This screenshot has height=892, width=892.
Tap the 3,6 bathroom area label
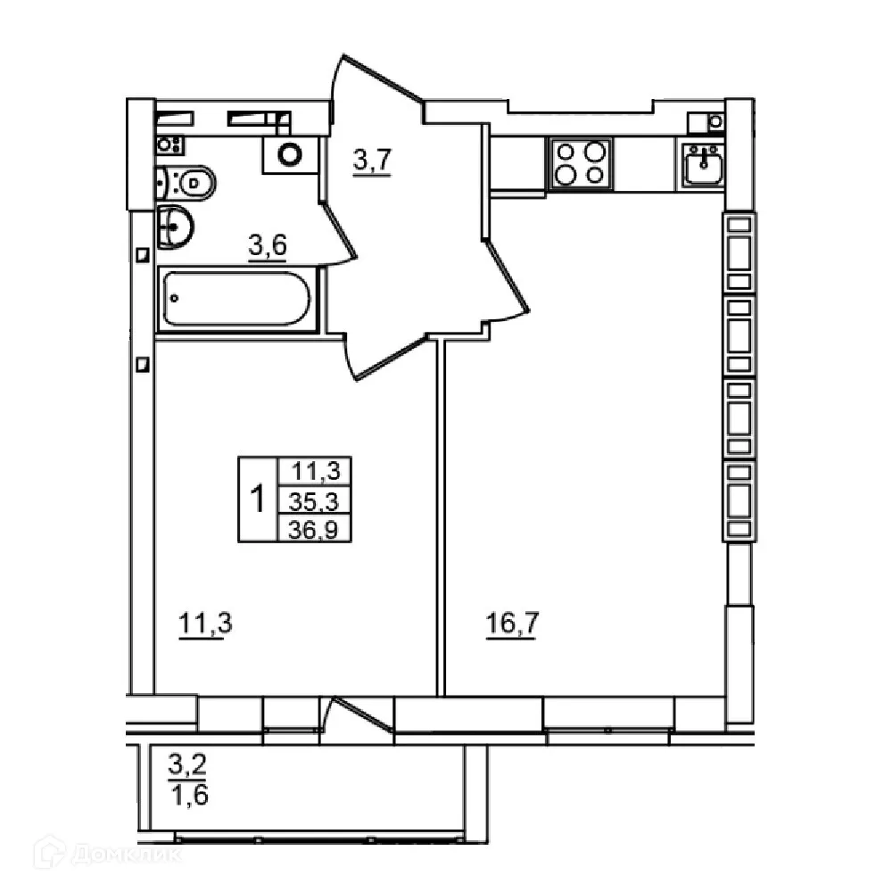pos(267,246)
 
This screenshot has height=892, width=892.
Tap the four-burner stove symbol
pos(581,163)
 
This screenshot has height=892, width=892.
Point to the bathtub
pos(237,299)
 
